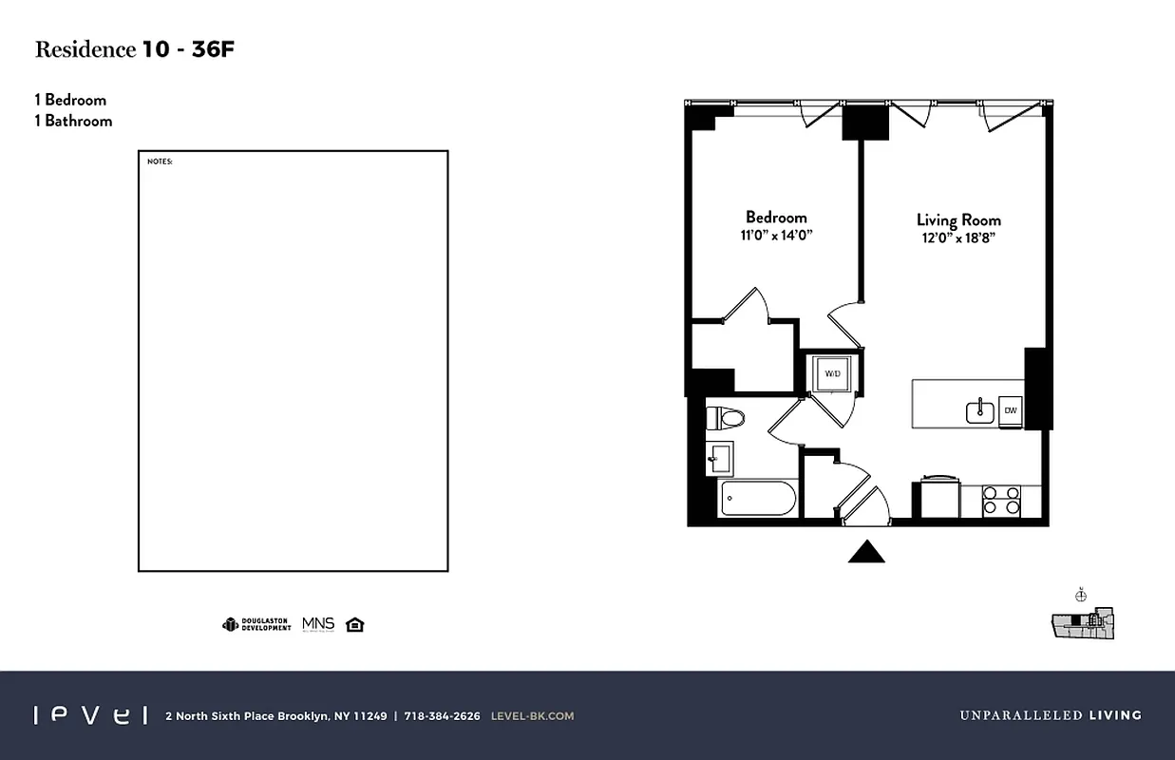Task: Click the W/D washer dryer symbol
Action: tap(832, 373)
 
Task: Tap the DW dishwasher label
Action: tap(1011, 410)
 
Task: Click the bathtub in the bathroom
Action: tap(757, 498)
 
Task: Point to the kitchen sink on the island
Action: tap(979, 411)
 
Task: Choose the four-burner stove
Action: tap(1000, 500)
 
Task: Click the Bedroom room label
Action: tap(776, 217)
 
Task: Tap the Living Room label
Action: tap(958, 219)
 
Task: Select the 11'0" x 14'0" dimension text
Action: tap(777, 236)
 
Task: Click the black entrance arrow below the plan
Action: tap(865, 552)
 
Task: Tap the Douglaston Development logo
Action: tap(256, 624)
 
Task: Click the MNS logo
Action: tap(318, 624)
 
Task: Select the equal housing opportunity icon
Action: tap(355, 624)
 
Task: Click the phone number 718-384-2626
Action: tap(442, 716)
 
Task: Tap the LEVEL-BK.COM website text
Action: tap(532, 716)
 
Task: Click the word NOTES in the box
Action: tap(160, 161)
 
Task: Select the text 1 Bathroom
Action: tap(73, 121)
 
